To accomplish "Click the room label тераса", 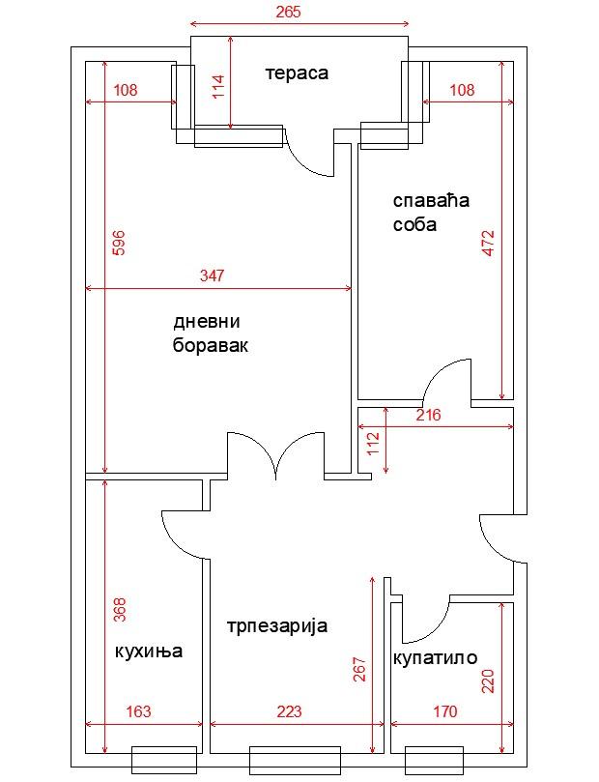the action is click(x=297, y=73).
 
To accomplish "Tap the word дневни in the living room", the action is click(x=207, y=322).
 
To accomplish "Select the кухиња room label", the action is click(x=149, y=652).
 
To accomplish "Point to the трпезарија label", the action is click(x=277, y=626).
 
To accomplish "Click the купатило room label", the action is click(x=435, y=658).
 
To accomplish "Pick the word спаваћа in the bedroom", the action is click(x=431, y=201).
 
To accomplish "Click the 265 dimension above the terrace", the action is click(x=289, y=12).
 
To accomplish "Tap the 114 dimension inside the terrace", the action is click(x=218, y=87).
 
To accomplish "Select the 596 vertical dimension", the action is click(x=119, y=243).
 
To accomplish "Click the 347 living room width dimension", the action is click(x=213, y=275).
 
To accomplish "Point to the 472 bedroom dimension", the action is click(x=489, y=243).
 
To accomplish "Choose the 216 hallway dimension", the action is click(x=429, y=415).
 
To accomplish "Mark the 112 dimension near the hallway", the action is click(x=373, y=444).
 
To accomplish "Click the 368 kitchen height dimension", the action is click(x=120, y=610).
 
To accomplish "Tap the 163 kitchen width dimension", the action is click(x=138, y=711).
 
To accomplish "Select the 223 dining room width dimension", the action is click(x=289, y=711).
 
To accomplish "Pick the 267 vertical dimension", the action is click(x=359, y=670).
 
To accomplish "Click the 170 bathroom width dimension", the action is click(x=445, y=711).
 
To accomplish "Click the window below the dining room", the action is click(x=295, y=760).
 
